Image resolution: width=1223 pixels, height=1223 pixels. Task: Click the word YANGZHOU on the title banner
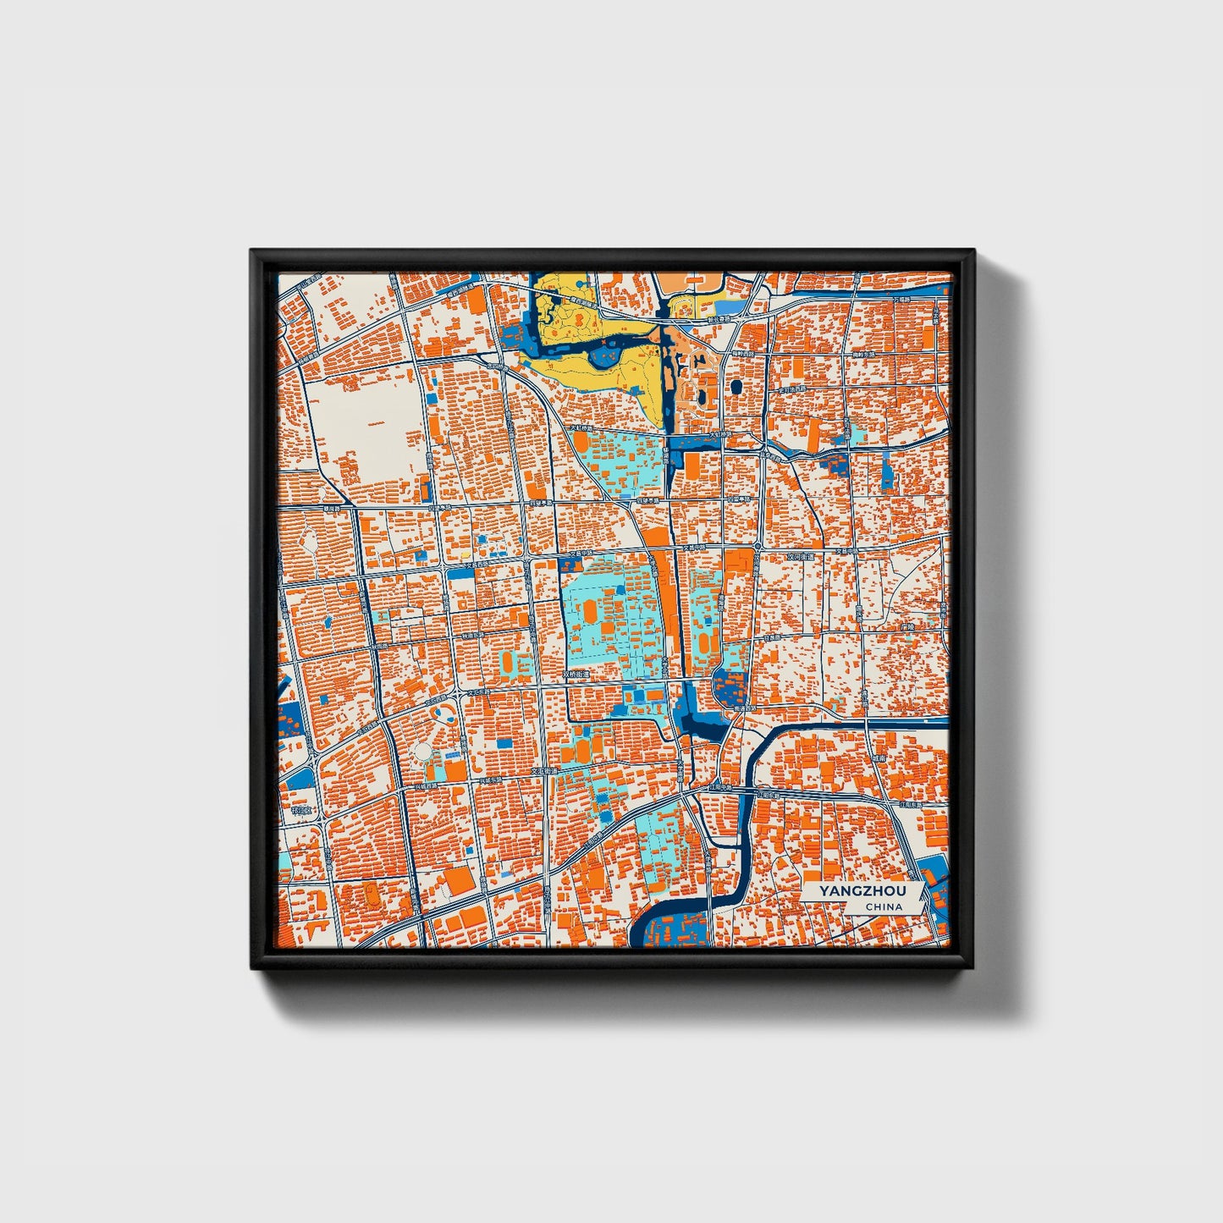861,891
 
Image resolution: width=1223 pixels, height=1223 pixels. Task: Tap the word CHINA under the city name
883,906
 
